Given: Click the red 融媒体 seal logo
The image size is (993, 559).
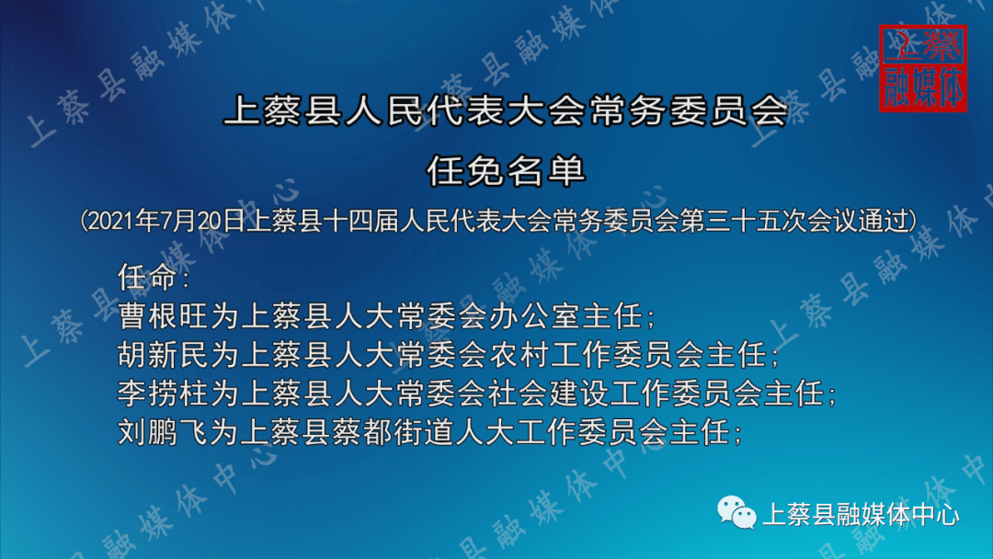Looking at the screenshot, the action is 923,68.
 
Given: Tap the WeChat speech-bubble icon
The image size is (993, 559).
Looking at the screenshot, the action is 736,512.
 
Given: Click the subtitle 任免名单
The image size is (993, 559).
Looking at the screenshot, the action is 506,170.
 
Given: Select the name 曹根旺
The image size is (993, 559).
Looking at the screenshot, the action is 164,316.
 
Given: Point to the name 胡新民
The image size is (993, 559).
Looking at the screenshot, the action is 164,355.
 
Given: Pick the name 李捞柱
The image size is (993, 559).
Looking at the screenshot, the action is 164,394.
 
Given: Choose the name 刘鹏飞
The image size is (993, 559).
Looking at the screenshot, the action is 164,432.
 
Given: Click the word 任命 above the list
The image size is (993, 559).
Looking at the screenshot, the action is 148,277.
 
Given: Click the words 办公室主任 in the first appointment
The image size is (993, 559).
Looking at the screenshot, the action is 565,316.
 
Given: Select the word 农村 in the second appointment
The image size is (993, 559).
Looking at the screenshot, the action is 519,355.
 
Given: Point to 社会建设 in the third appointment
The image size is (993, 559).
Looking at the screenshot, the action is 550,394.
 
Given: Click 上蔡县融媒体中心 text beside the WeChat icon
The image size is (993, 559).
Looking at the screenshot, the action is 862,514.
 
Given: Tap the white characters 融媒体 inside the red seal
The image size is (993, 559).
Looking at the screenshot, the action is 923,87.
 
